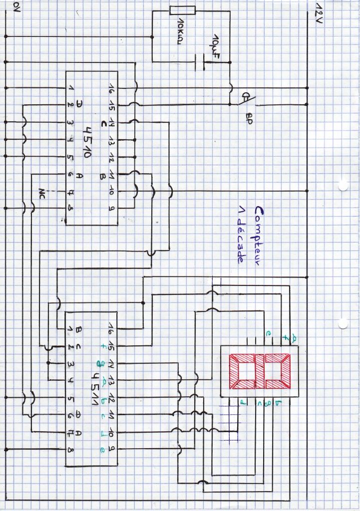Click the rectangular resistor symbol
[x=183, y=10]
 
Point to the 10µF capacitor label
[x=216, y=45]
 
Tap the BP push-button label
[x=248, y=118]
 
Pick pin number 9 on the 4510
[x=110, y=208]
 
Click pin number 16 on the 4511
[x=109, y=328]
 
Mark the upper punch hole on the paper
[x=343, y=186]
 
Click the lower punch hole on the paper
[x=343, y=323]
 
